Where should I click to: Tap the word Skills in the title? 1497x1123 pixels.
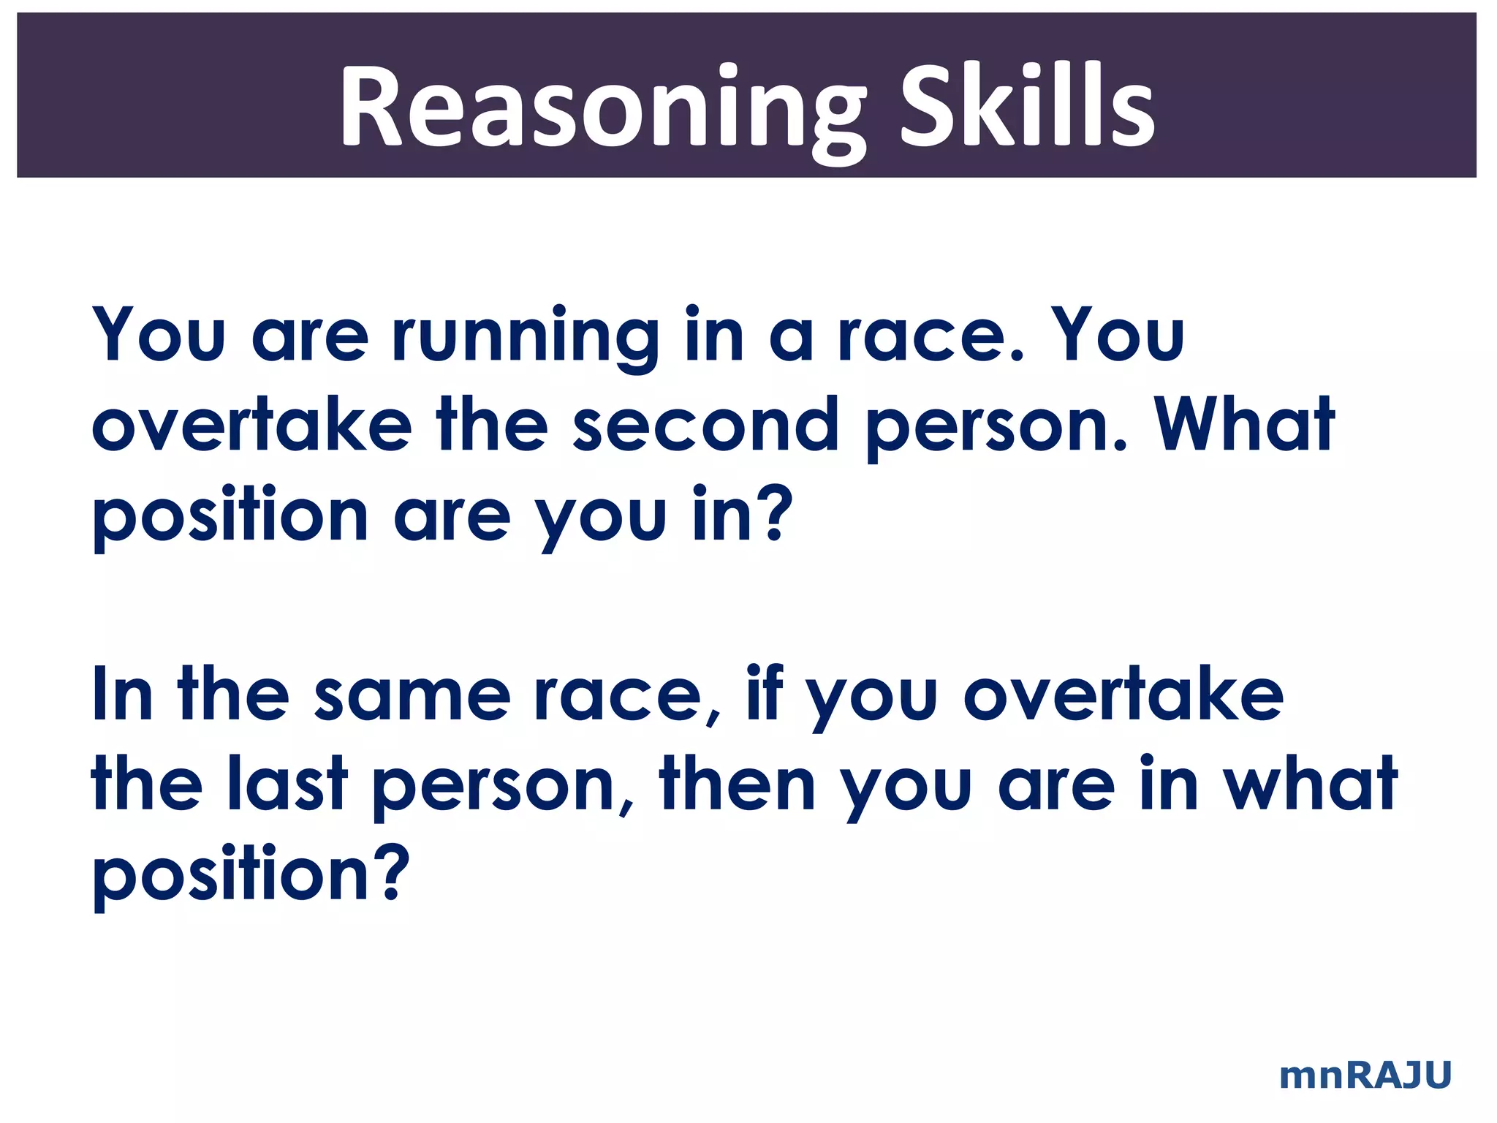pyautogui.click(x=1026, y=106)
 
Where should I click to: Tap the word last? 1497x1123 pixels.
pyautogui.click(x=287, y=784)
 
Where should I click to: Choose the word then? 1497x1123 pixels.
pyautogui.click(x=737, y=784)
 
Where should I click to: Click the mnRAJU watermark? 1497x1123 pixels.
pyautogui.click(x=1365, y=1075)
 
